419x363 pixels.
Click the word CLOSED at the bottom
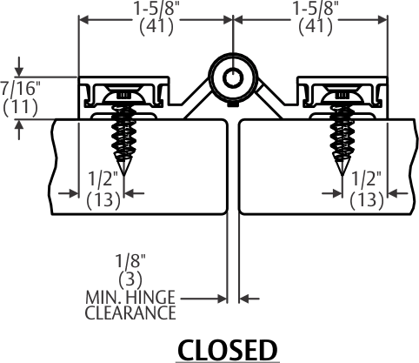[228, 350]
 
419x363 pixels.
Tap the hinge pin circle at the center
[233, 77]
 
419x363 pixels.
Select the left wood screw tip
[123, 175]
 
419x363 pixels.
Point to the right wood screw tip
[343, 175]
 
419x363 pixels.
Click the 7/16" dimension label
[20, 89]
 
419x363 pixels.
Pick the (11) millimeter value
[20, 107]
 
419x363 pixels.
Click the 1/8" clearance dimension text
[130, 260]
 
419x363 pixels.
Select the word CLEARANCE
[130, 313]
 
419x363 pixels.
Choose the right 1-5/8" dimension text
[316, 9]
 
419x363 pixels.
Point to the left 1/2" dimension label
[103, 178]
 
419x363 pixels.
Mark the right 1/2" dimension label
[366, 178]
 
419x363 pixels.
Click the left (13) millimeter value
[103, 200]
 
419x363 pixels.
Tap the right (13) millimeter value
[367, 200]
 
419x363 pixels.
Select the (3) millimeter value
[130, 279]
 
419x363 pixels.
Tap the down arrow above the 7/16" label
[19, 67]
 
